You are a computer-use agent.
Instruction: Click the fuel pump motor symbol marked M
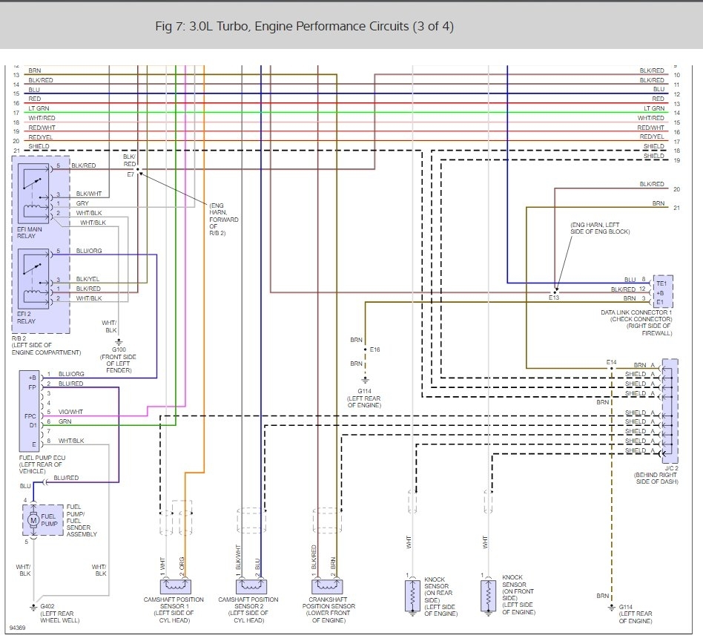point(33,521)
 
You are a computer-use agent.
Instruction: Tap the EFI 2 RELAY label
point(27,318)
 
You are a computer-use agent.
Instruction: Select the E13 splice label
point(553,298)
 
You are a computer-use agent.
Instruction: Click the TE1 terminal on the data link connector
point(661,282)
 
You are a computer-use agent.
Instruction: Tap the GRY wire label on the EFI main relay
point(83,203)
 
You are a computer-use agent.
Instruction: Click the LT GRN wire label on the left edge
point(39,109)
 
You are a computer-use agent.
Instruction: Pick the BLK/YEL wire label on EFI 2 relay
point(88,279)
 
